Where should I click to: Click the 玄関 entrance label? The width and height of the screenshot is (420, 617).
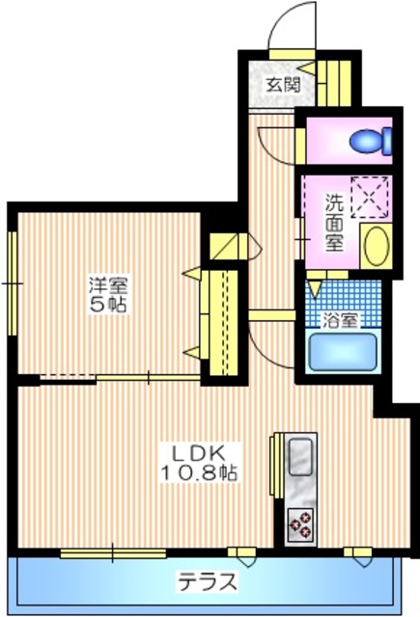pyautogui.click(x=283, y=83)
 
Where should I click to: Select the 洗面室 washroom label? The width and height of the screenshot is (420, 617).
pyautogui.click(x=333, y=222)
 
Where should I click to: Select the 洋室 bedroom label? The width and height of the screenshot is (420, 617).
pyautogui.click(x=109, y=285)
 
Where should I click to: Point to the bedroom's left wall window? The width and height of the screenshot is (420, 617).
pyautogui.click(x=12, y=283)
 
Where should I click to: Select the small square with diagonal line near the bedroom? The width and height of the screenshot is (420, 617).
pyautogui.click(x=223, y=247)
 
